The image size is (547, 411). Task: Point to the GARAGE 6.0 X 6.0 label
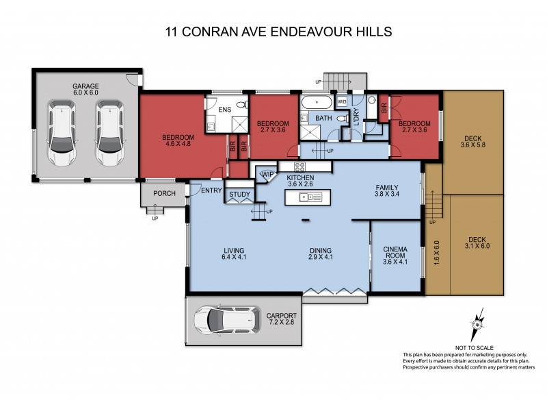(x=86, y=89)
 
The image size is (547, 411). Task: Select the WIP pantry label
(x=267, y=175)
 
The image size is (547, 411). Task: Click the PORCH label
(x=164, y=193)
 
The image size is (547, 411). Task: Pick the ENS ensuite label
(x=224, y=110)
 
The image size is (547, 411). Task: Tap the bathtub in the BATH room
(x=316, y=103)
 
